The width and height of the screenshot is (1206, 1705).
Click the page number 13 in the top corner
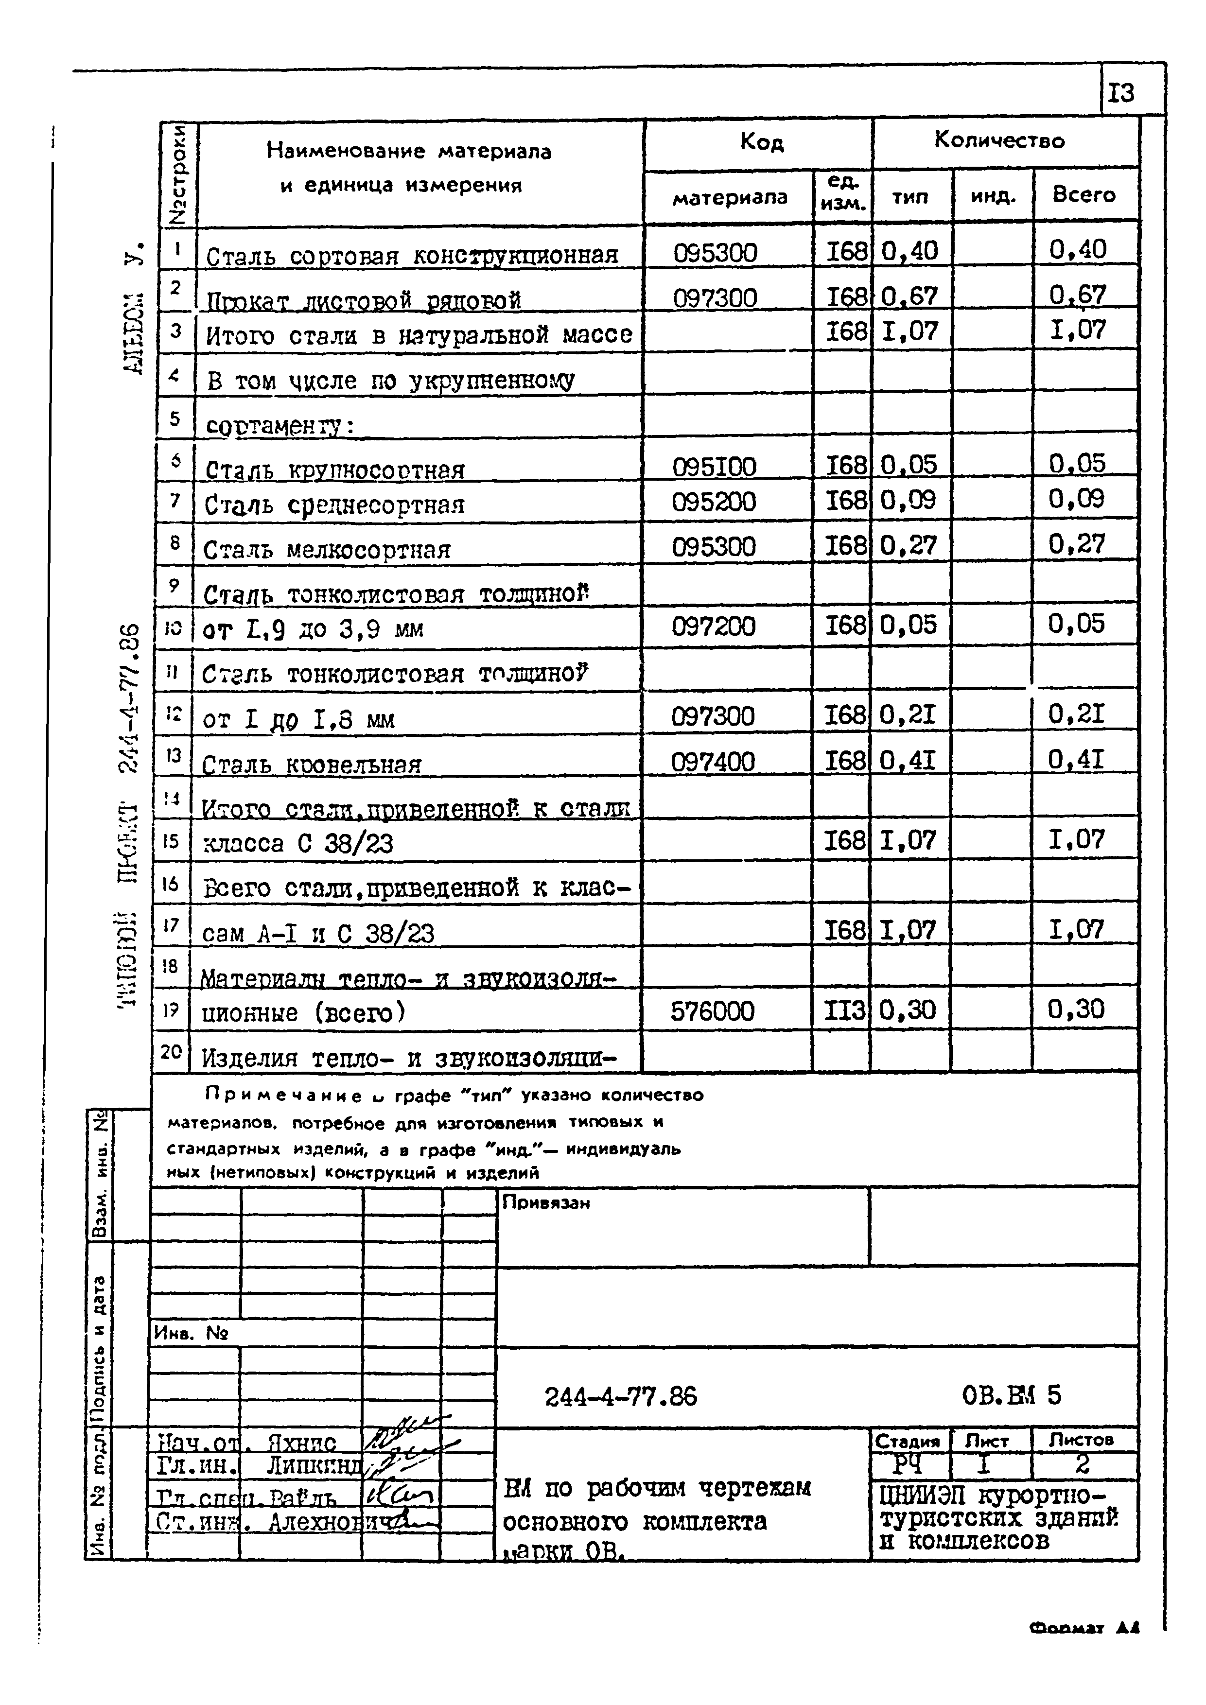pos(1121,94)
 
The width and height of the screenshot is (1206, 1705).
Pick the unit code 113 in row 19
pos(845,1010)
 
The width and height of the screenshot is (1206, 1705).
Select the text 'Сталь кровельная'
pos(312,764)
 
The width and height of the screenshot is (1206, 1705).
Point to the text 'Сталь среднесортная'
pos(334,505)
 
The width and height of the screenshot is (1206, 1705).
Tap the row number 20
pos(171,1051)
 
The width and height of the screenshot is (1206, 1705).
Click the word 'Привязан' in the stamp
pos(546,1202)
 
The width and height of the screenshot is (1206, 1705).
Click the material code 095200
pos(714,503)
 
